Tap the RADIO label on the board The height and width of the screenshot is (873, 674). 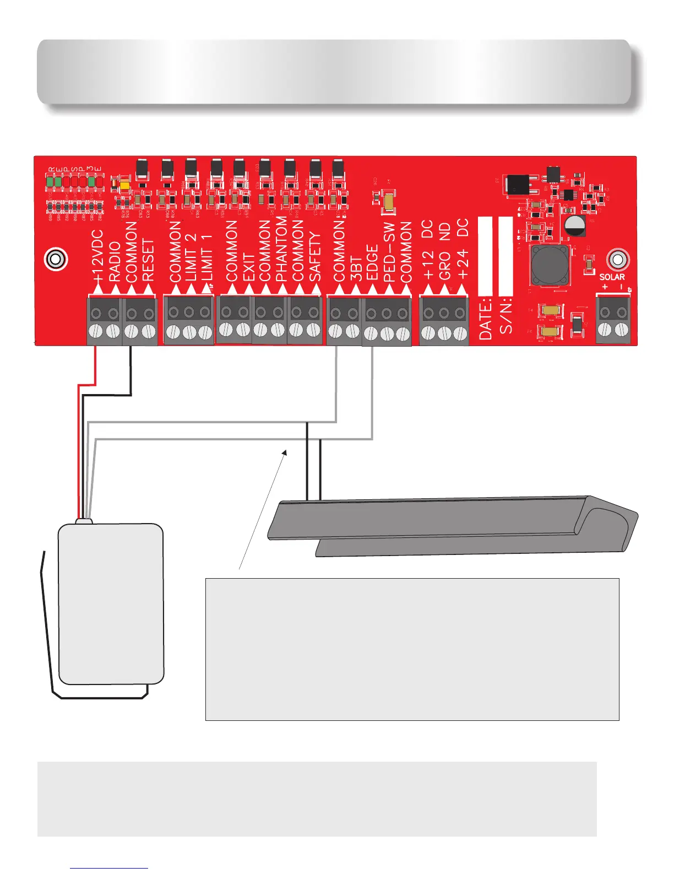(115, 262)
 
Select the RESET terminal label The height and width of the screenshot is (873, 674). (148, 261)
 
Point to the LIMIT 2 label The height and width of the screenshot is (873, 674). (191, 257)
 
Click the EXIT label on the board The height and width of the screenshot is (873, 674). (248, 267)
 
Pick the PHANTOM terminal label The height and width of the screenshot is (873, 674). (281, 249)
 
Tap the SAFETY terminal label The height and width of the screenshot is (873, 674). (315, 257)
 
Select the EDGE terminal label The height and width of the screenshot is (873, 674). (372, 263)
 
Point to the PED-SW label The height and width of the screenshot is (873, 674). (389, 252)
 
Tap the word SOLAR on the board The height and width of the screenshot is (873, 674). (612, 277)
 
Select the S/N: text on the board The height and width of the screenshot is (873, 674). (506, 318)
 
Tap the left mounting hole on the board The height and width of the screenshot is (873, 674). (55, 259)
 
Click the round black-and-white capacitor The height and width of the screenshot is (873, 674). (575, 224)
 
